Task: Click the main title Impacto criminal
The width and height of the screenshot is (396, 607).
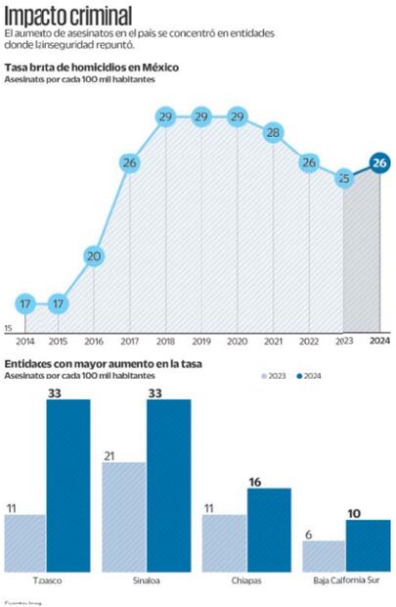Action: tap(70, 15)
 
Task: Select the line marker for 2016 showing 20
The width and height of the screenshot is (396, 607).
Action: tap(94, 257)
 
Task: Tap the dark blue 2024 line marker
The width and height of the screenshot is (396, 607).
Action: tap(379, 163)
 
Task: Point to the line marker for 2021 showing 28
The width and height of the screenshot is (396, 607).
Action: tap(273, 132)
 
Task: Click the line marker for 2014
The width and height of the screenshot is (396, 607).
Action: tap(25, 303)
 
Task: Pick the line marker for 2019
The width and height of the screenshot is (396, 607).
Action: tap(201, 117)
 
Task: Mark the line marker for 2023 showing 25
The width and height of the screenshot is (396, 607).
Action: tap(343, 178)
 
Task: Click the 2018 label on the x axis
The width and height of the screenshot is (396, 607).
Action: tap(165, 342)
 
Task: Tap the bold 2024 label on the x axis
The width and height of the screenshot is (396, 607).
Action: tap(379, 342)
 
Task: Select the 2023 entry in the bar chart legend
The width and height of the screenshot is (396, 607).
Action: tap(276, 376)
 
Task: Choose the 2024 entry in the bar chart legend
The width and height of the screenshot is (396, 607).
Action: tap(311, 376)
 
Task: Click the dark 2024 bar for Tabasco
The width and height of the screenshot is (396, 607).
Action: tap(67, 485)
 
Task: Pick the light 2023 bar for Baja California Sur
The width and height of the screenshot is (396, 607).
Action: tap(324, 555)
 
